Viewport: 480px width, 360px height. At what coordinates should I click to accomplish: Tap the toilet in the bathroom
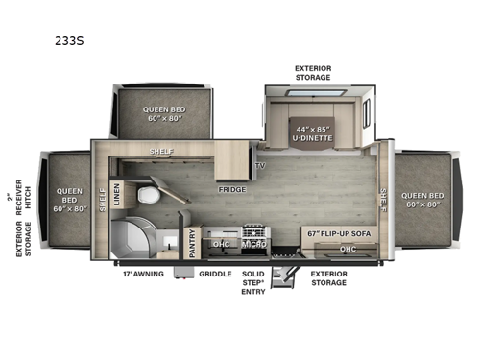point(148,196)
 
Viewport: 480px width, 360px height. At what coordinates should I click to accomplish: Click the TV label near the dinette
point(259,165)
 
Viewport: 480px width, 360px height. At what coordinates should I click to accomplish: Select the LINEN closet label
point(117,192)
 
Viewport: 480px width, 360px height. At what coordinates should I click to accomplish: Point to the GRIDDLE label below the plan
point(215,274)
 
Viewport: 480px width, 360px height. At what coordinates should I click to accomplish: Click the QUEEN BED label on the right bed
point(425,199)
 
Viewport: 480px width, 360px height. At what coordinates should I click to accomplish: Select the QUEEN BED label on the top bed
point(163,114)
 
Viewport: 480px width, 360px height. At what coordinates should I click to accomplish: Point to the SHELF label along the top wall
point(160,151)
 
